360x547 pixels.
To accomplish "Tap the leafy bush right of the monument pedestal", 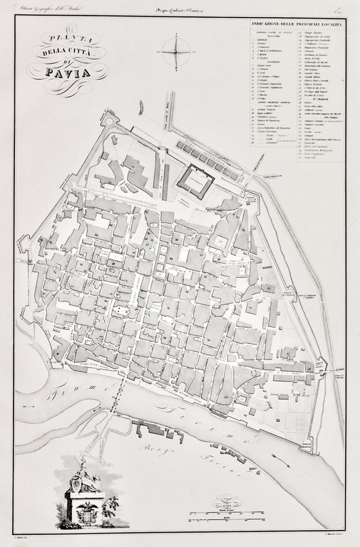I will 110,506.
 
